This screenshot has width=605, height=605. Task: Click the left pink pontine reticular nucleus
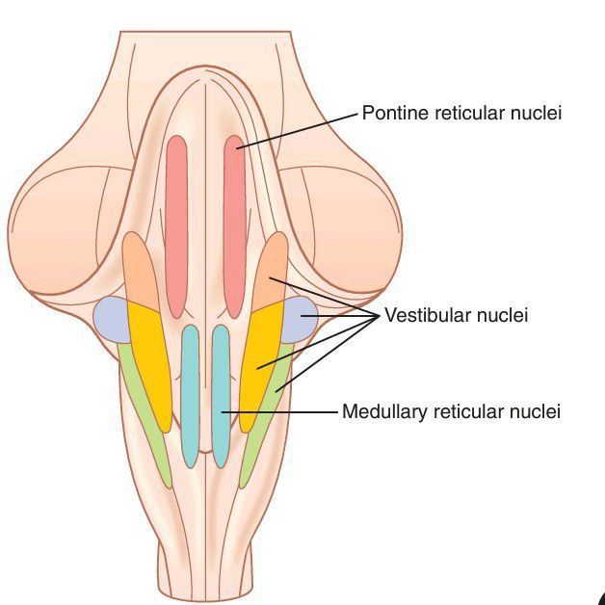click(176, 226)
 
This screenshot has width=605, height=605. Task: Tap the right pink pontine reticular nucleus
click(235, 226)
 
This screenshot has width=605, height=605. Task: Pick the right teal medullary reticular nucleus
click(221, 395)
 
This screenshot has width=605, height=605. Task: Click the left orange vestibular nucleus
click(139, 270)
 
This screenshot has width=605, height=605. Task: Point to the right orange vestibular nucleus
click(273, 270)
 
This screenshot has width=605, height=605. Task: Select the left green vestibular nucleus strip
click(145, 414)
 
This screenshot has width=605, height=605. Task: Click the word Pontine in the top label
click(390, 114)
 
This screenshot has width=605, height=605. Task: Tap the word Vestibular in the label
click(421, 315)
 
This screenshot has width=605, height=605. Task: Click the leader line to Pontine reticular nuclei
click(299, 130)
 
